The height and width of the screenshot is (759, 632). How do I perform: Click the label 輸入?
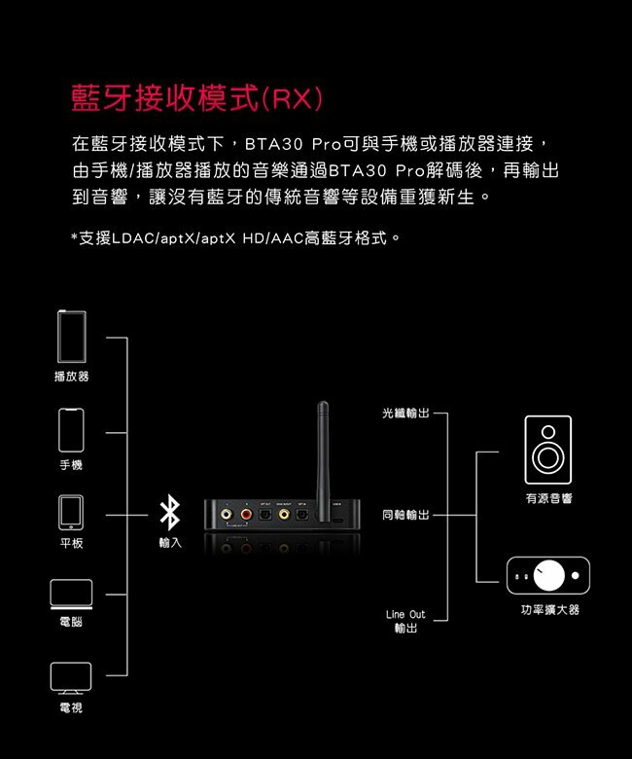(x=170, y=542)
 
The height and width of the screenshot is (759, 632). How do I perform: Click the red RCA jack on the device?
(x=246, y=513)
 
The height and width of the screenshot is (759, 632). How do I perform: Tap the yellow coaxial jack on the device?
(x=284, y=513)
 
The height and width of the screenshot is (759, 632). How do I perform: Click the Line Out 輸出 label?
(x=404, y=622)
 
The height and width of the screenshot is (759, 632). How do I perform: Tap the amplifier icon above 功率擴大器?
(x=547, y=575)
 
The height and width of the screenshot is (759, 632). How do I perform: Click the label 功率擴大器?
(x=548, y=609)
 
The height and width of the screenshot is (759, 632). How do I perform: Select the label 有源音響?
(x=548, y=498)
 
